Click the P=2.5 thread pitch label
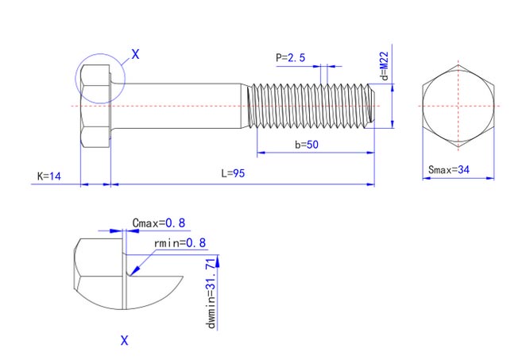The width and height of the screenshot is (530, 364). click(x=291, y=57)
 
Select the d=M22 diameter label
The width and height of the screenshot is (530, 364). click(x=384, y=67)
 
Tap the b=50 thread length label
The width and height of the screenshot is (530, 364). click(x=307, y=145)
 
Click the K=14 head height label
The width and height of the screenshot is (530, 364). click(x=49, y=176)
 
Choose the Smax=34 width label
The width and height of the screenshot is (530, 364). click(x=449, y=169)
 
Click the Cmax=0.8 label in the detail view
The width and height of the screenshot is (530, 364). click(x=158, y=223)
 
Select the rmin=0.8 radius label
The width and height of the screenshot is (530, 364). click(x=180, y=242)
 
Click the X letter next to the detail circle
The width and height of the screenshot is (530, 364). click(x=135, y=55)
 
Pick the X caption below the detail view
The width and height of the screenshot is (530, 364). click(x=124, y=340)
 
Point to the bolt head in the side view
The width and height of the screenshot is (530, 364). click(x=95, y=106)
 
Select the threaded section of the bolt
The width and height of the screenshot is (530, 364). click(x=310, y=105)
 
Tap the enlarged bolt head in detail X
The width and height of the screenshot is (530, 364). click(x=99, y=274)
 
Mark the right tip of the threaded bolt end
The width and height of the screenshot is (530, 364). click(x=373, y=105)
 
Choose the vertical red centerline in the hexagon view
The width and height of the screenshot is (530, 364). click(x=458, y=87)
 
